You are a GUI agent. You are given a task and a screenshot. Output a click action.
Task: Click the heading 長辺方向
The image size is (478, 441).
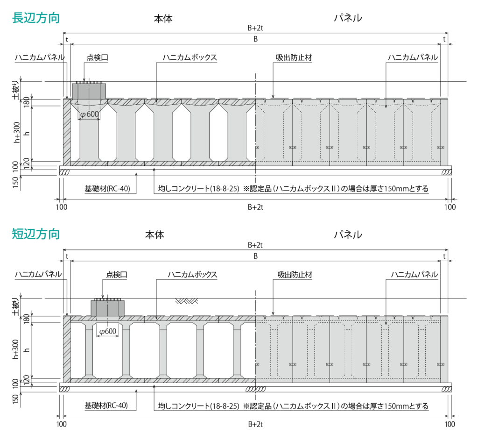coord(36,18)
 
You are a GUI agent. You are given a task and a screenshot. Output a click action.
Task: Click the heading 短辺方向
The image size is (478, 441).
coord(36,234)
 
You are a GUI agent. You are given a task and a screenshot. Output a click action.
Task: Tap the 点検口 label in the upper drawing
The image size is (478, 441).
coord(98,57)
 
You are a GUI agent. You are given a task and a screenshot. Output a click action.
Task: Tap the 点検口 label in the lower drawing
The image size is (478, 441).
coord(117,275)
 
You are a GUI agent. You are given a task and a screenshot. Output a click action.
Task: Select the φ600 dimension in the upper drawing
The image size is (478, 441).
coord(90,114)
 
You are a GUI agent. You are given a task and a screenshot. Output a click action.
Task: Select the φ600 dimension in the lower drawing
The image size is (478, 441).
coord(108,331)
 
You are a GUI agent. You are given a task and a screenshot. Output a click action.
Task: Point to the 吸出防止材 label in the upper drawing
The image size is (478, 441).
coord(294,57)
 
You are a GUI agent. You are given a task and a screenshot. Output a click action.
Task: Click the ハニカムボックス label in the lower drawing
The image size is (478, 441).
coord(193,275)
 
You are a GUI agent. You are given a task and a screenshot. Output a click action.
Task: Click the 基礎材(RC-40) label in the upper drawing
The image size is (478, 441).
coord(107,188)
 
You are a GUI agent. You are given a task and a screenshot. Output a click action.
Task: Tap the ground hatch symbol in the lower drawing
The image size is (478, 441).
coord(187,301)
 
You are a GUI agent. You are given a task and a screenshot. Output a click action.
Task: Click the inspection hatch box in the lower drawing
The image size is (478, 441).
coord(108,307)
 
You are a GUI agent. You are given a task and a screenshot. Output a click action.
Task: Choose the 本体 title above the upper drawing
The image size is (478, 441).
coord(163,19)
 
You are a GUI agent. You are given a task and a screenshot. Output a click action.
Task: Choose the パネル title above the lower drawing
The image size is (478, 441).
coord(348,235)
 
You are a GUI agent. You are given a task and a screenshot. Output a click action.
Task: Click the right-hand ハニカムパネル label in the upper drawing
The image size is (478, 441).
coord(413,57)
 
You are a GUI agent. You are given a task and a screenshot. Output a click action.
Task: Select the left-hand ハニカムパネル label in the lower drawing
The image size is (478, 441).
coord(38,275)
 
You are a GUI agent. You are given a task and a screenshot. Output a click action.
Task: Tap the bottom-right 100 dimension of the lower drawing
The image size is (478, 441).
coord(450,424)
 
